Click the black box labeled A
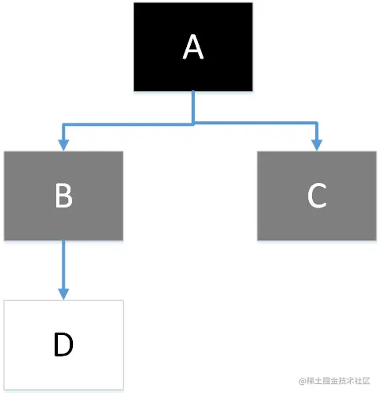(193, 47)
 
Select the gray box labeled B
(63, 196)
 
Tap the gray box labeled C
(317, 196)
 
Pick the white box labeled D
(63, 345)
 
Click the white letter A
(193, 47)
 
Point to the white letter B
(63, 196)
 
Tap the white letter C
(317, 196)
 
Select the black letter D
(63, 345)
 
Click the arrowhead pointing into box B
(63, 145)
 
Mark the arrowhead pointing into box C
(317, 145)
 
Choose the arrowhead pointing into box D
(63, 294)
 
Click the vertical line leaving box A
(193, 107)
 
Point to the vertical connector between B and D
(63, 265)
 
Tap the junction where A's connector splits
(193, 124)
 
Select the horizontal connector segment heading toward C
(256, 123)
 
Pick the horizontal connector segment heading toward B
(128, 124)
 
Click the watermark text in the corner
(334, 381)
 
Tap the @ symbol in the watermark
(303, 381)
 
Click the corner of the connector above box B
(63, 124)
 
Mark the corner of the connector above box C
(317, 123)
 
